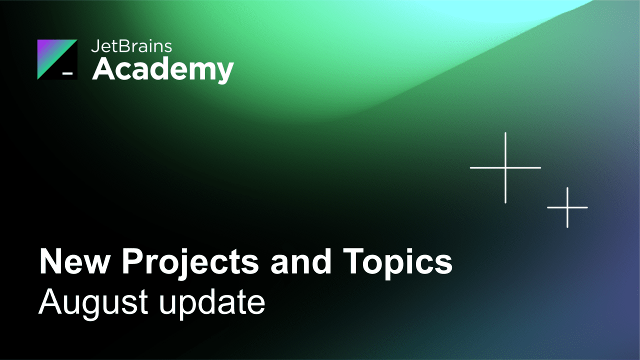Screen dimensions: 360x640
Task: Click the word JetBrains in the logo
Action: pos(131,46)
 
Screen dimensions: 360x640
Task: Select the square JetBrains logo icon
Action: pos(57,59)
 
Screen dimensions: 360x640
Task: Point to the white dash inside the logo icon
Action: pos(67,73)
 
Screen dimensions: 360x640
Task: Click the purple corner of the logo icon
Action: pos(43,45)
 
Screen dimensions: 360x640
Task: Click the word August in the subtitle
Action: pos(93,302)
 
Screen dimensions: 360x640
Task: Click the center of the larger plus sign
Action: pos(505,167)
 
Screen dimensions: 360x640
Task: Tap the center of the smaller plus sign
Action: pos(567,207)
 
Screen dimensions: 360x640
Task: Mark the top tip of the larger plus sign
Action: pos(505,133)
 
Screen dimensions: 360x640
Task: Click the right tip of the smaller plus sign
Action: pos(587,207)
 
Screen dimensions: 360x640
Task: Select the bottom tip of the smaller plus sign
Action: pos(567,226)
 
